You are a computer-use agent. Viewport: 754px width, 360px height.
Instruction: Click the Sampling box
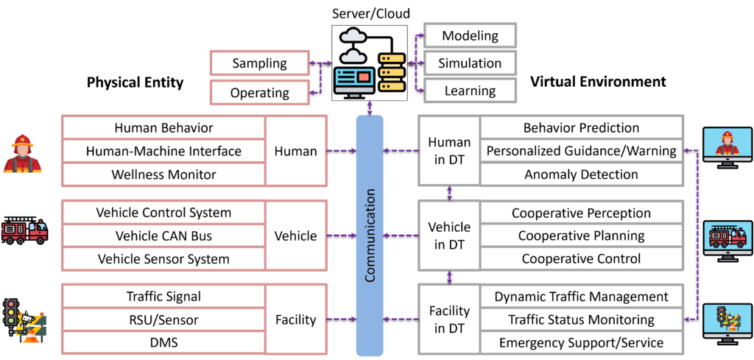pyautogui.click(x=259, y=63)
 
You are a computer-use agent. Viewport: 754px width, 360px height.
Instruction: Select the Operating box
pyautogui.click(x=259, y=93)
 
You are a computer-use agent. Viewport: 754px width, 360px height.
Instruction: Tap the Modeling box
pyautogui.click(x=470, y=35)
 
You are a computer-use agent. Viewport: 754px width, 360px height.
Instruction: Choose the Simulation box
pyautogui.click(x=470, y=63)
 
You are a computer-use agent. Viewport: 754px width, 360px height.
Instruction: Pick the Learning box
pyautogui.click(x=470, y=91)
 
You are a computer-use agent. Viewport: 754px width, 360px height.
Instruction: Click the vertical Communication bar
pyautogui.click(x=369, y=236)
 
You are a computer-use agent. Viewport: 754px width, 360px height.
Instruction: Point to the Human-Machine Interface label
pyautogui.click(x=163, y=151)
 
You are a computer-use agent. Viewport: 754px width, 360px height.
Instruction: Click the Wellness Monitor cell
pyautogui.click(x=163, y=174)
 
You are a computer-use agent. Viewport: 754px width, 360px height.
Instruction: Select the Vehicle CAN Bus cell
pyautogui.click(x=163, y=236)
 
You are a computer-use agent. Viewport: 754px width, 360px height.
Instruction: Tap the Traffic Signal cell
pyautogui.click(x=163, y=297)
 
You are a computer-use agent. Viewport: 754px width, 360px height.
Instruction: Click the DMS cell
pyautogui.click(x=163, y=343)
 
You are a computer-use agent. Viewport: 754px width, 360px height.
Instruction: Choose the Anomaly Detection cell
pyautogui.click(x=581, y=174)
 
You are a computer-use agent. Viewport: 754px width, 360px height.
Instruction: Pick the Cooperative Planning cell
pyautogui.click(x=581, y=236)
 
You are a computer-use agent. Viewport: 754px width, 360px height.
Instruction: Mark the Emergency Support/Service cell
pyautogui.click(x=581, y=343)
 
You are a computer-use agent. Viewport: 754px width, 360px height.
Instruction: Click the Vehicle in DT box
pyautogui.click(x=449, y=236)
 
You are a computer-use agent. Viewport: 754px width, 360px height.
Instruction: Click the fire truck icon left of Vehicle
pyautogui.click(x=25, y=232)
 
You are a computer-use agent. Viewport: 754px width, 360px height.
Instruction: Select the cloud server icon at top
pyautogui.click(x=369, y=63)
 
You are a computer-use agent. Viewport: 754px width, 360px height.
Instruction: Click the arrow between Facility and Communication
pyautogui.click(x=342, y=320)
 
